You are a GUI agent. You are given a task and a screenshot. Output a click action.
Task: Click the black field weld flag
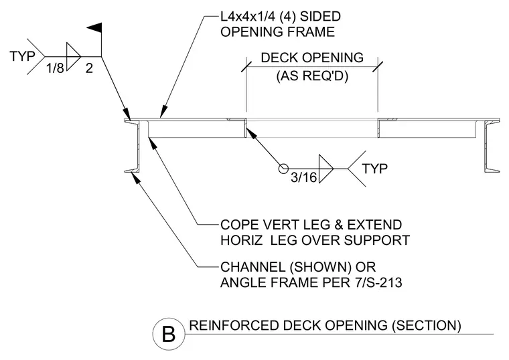(x=95, y=28)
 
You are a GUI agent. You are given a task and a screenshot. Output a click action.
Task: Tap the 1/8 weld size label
(x=55, y=68)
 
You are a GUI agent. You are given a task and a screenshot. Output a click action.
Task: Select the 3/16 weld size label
(x=303, y=177)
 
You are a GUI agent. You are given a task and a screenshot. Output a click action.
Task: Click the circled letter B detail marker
(x=169, y=334)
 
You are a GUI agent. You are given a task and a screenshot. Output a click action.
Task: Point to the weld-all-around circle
(x=283, y=169)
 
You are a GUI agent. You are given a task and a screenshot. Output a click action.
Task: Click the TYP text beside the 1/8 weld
(x=22, y=56)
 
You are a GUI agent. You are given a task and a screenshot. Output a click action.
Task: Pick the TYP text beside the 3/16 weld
(x=374, y=169)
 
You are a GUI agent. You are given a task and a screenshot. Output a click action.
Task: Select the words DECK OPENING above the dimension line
(x=312, y=58)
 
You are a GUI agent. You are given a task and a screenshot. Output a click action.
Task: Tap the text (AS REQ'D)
(x=312, y=76)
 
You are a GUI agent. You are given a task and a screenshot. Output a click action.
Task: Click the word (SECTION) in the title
(x=427, y=325)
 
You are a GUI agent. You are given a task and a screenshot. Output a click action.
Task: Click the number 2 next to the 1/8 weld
(x=89, y=68)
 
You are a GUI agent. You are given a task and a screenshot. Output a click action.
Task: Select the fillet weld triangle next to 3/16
(x=326, y=169)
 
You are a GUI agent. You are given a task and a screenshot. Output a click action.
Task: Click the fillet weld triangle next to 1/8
(x=74, y=56)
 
